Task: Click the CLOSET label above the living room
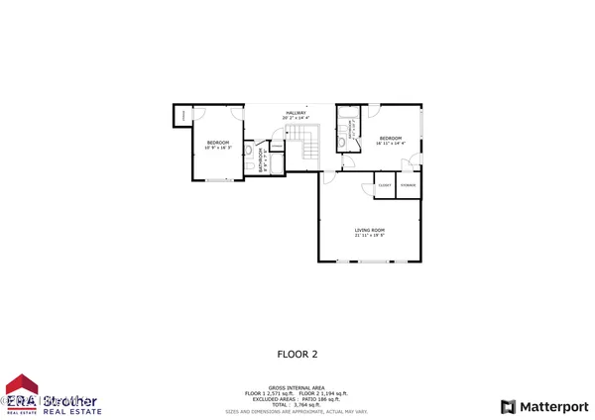coord(384,185)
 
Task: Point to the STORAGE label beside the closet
coord(409,185)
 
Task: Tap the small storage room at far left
coord(181,116)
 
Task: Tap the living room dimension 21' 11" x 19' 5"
coord(370,235)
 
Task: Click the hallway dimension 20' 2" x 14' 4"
coord(296,119)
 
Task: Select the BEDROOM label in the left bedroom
coord(218,143)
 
